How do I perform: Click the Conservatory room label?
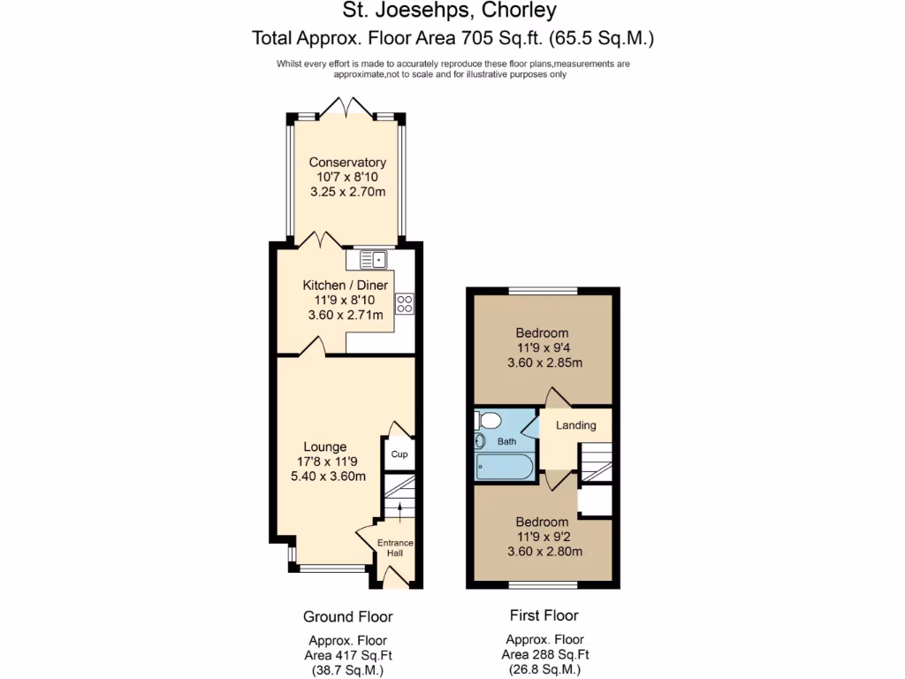pos(347,163)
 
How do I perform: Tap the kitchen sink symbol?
pos(373,259)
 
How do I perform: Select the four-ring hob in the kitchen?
pos(405,303)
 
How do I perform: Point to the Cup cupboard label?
pos(399,454)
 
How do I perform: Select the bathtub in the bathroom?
pos(504,466)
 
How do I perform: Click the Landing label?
pos(575,425)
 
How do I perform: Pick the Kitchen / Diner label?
pos(345,286)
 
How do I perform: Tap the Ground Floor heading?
pos(347,616)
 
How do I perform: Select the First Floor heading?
pos(544,615)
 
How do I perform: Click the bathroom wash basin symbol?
pos(481,441)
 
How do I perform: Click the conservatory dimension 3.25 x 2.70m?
pos(348,191)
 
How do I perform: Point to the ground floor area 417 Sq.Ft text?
pos(347,656)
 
